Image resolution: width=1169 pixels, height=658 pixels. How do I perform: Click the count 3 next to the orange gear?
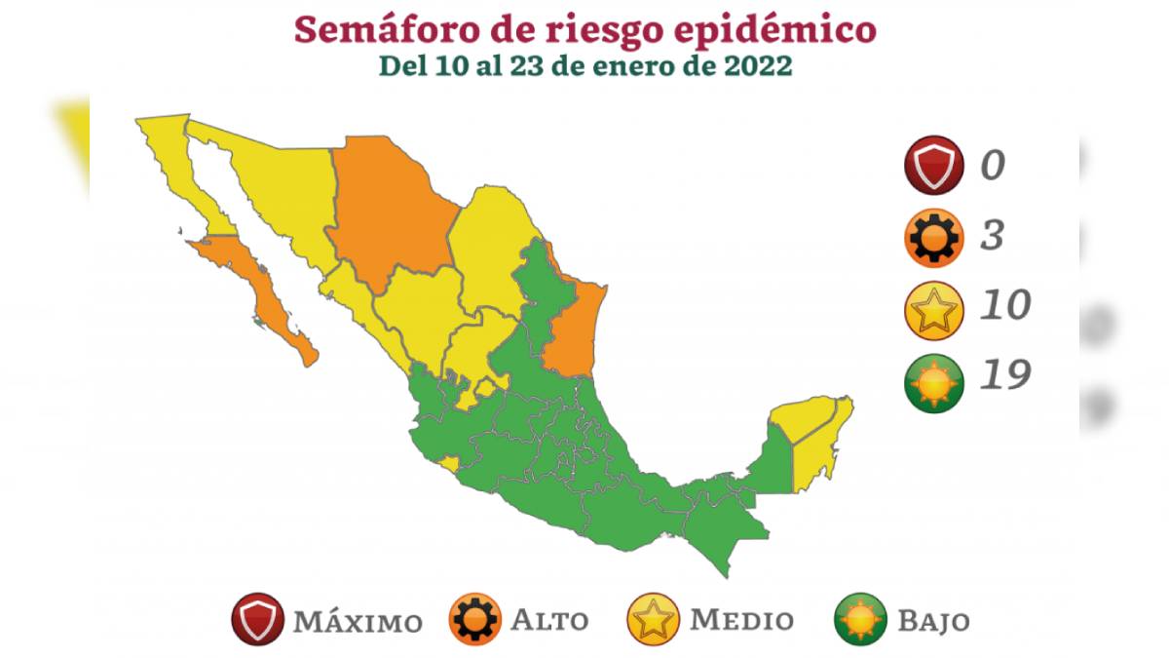coord(992,236)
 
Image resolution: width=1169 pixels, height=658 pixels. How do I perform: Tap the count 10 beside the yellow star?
coord(1003,306)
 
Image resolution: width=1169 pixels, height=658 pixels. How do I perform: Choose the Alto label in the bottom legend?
coord(550,620)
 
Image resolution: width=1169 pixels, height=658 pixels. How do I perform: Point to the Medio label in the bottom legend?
coord(742,620)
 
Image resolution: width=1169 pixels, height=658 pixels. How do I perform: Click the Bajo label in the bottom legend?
coord(934,620)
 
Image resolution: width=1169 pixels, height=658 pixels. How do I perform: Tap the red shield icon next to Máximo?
coord(258,620)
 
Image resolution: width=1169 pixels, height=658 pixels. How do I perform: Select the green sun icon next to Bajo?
coord(861,620)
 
